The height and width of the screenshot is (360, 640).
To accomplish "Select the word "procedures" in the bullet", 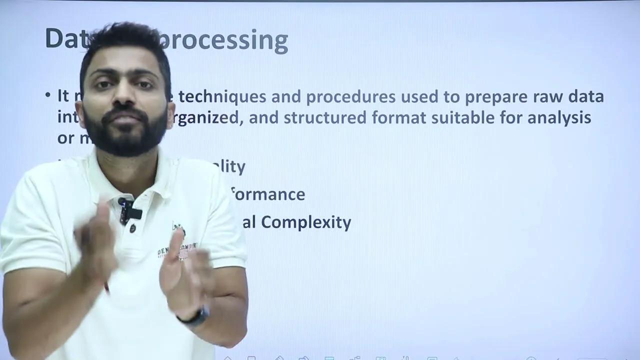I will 350,96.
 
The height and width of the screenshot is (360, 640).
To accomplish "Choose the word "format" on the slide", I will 400,117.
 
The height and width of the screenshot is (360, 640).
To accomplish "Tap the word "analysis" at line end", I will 559,118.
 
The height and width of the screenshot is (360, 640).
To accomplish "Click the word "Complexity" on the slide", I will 306,222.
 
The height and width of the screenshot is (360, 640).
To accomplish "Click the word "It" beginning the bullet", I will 63,95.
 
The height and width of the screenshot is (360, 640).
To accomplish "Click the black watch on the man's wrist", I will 195,316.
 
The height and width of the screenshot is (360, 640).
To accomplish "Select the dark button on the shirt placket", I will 133,228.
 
